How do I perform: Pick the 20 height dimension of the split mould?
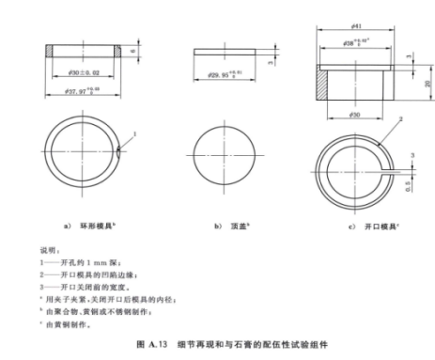pyautogui.click(x=426, y=84)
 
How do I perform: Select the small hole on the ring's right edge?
pyautogui.click(x=120, y=148)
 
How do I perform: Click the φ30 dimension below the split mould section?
pyautogui.click(x=356, y=113)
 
